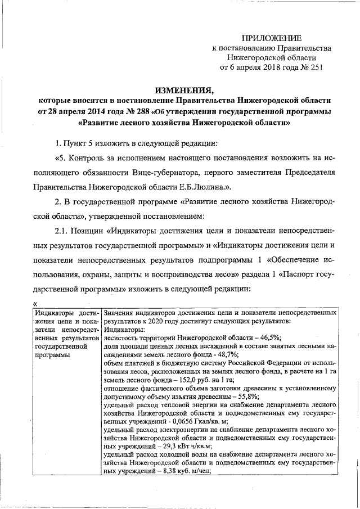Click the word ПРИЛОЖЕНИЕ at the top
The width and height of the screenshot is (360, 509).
272,38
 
